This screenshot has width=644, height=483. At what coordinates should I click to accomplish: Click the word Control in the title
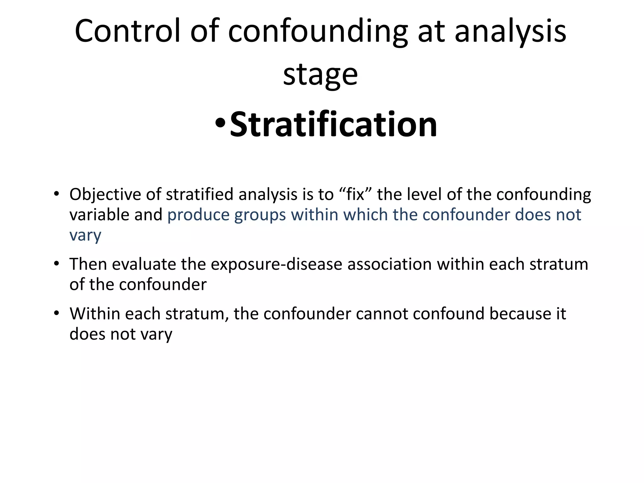pos(128,31)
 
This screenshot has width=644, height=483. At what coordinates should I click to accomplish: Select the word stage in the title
pos(320,75)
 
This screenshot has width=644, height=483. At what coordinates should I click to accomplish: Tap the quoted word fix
pos(355,194)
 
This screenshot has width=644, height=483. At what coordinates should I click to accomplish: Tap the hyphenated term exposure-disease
pos(276,264)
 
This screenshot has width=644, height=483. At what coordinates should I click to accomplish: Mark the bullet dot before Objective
pos(56,193)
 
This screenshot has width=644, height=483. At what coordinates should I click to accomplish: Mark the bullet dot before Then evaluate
pos(56,263)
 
